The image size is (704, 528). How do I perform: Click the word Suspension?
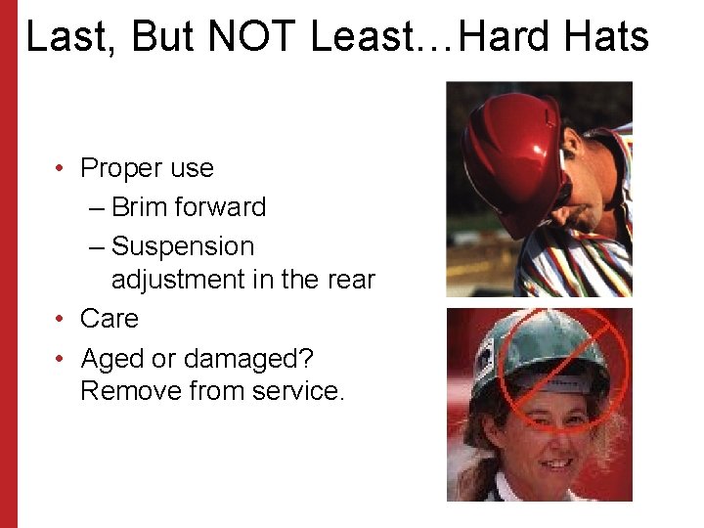tap(183, 247)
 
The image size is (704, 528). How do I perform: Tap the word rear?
tap(351, 281)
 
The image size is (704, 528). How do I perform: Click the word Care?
tap(110, 319)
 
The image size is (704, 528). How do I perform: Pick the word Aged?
tap(111, 360)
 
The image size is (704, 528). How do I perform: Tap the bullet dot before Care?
tap(61, 320)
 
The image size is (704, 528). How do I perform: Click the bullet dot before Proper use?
tap(61, 168)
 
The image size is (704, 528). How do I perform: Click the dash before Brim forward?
tap(97, 208)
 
